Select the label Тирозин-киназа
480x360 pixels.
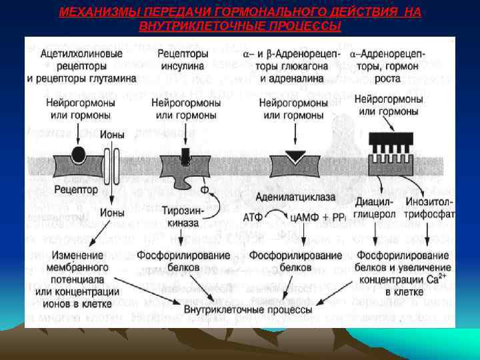click(178, 217)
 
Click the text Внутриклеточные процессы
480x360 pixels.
click(247, 309)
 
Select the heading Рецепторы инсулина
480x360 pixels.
click(182, 59)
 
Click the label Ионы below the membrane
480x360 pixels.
click(112, 213)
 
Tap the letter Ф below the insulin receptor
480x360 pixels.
click(205, 189)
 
